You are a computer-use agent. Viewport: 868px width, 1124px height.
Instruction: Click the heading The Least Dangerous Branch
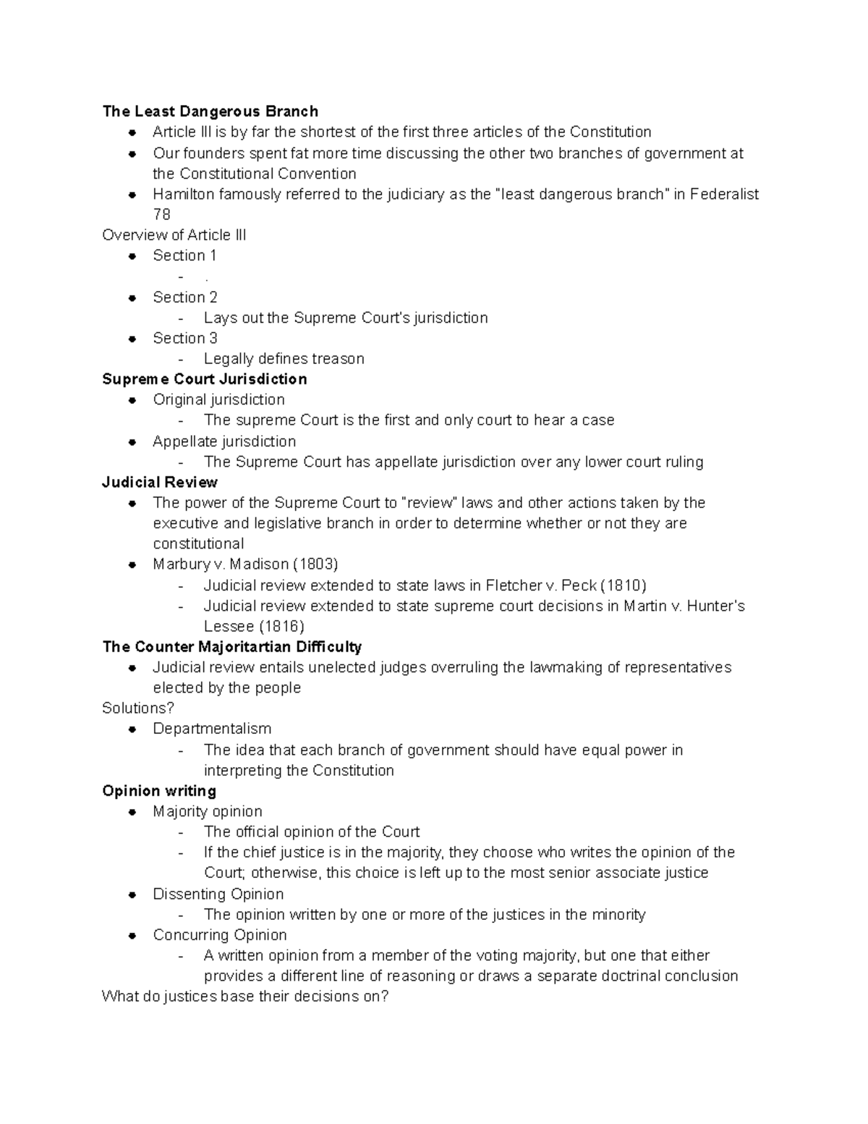coord(210,111)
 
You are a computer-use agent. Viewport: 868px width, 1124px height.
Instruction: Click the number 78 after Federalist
coord(161,215)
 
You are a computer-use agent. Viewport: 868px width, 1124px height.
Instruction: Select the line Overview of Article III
coord(174,235)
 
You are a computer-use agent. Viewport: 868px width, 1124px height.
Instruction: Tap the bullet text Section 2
coord(184,297)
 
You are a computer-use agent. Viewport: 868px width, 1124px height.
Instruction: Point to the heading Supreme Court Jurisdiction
coord(204,379)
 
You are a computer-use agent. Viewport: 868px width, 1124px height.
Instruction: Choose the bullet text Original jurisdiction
coord(218,400)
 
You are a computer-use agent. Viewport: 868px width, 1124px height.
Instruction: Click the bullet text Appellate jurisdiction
coord(224,441)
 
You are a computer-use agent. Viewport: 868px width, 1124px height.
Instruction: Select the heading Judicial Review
coord(160,483)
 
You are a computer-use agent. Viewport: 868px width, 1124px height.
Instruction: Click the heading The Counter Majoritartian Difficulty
coord(231,647)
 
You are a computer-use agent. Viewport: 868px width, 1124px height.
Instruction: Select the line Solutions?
coord(138,709)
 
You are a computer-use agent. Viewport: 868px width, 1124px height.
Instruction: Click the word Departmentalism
coord(212,729)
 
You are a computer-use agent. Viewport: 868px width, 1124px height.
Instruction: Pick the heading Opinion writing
coord(159,791)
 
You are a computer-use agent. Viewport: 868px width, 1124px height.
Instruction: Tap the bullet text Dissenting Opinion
coord(218,895)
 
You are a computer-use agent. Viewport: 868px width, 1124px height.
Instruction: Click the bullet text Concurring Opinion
coord(220,935)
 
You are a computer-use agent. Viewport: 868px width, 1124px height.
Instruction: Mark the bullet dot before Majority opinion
coord(132,812)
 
